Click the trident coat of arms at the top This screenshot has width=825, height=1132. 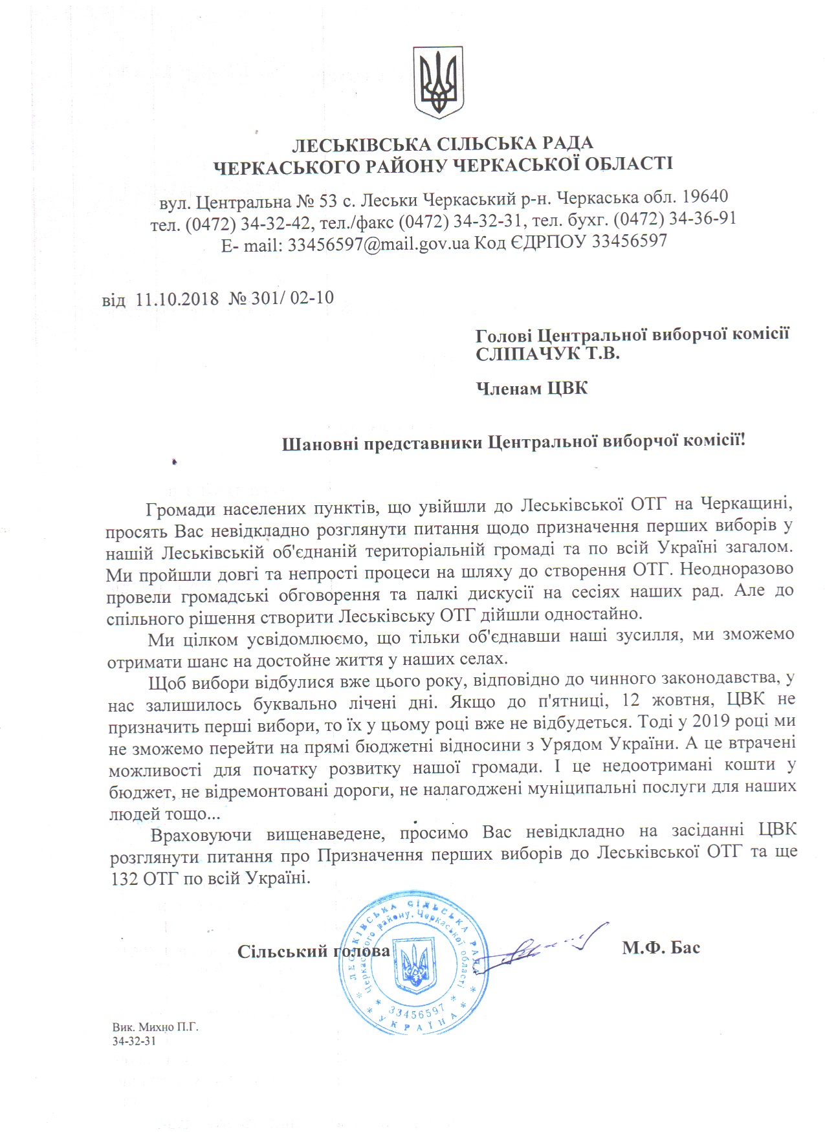(x=438, y=82)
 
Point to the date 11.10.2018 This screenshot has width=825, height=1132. (x=177, y=298)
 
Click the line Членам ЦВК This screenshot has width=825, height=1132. (x=532, y=388)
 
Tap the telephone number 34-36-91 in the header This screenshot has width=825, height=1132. (x=707, y=219)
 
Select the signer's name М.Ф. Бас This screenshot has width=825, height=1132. (x=661, y=949)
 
